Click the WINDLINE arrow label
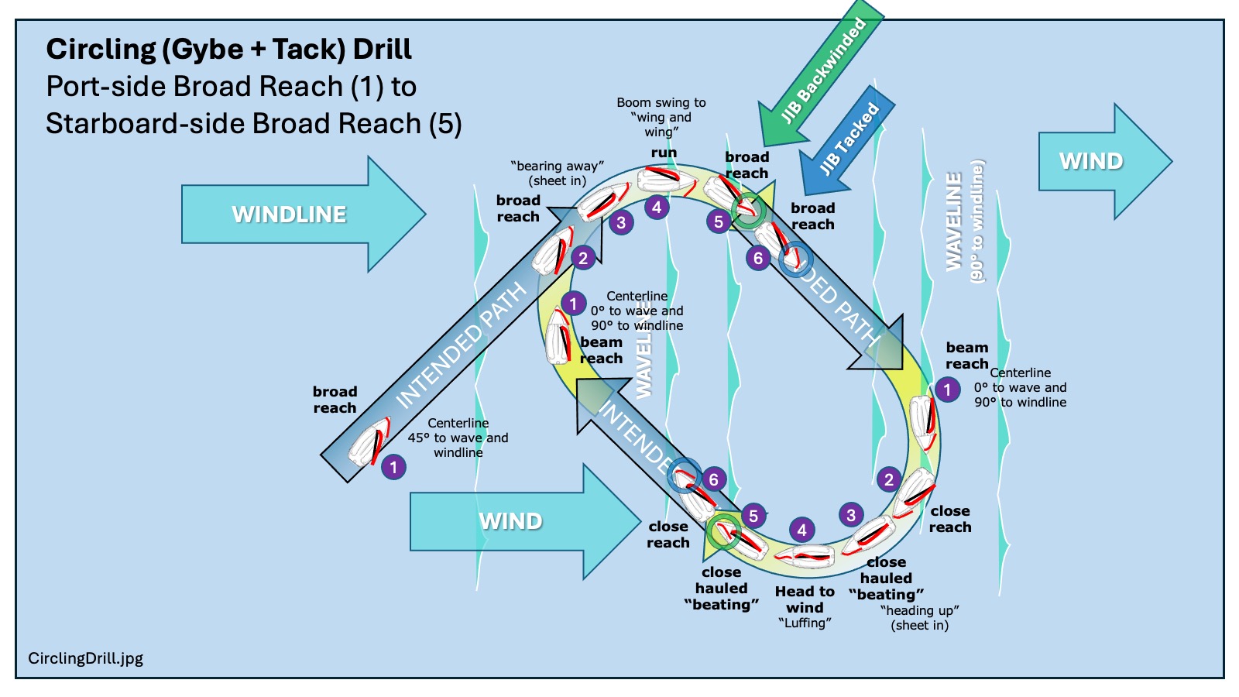(289, 215)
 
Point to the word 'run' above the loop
(664, 153)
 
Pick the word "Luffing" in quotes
(805, 623)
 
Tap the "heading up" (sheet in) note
(919, 618)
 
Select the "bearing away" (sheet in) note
(558, 173)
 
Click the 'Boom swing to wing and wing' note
(661, 117)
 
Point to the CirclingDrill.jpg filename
(85, 658)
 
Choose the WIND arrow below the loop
(510, 521)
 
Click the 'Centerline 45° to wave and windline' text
(458, 438)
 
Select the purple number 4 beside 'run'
(657, 208)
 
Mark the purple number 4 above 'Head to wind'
(802, 530)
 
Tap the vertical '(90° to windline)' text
(977, 221)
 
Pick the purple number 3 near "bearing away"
(621, 223)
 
